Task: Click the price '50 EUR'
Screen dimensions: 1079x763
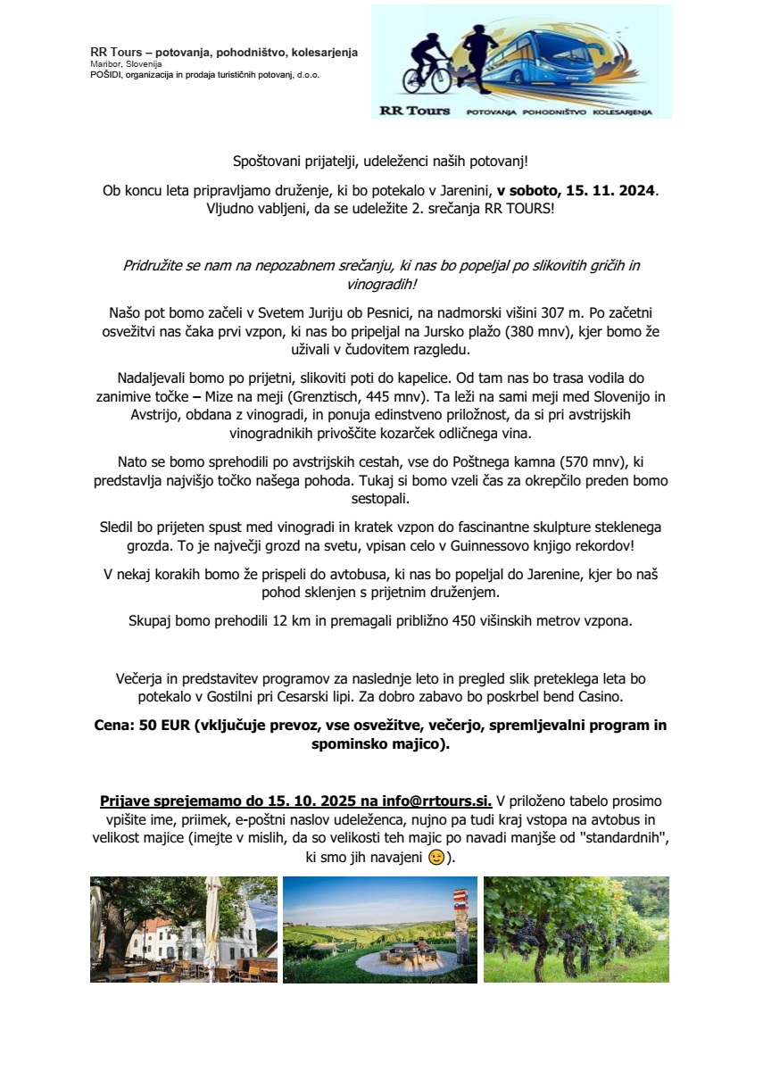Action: coord(158,726)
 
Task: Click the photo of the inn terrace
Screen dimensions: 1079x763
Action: coord(184,929)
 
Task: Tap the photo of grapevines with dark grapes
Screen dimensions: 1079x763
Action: coord(576,929)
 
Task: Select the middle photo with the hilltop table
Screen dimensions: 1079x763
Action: coord(379,929)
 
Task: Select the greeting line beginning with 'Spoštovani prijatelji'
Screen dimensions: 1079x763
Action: coord(381,162)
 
